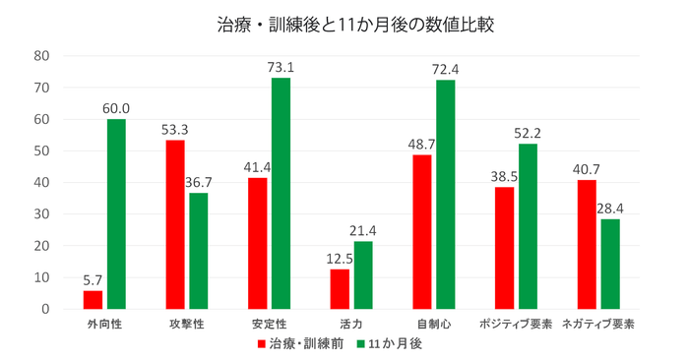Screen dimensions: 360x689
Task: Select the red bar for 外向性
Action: tap(93, 300)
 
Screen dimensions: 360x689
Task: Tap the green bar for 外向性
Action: tap(116, 214)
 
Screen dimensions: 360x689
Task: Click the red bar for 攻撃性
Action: tap(175, 225)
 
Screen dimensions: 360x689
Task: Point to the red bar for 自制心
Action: tap(421, 232)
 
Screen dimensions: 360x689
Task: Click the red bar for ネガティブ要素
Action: tap(587, 245)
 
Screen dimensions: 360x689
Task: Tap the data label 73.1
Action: tap(282, 68)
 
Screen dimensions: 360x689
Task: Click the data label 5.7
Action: tap(93, 280)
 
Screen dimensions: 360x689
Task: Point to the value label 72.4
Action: tap(446, 70)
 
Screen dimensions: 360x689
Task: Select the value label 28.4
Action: tap(610, 209)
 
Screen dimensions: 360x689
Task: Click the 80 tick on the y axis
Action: tap(42, 56)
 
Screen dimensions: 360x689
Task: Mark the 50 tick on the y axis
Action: tap(42, 151)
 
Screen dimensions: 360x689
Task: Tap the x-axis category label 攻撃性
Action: tap(187, 323)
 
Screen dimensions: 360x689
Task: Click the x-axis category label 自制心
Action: tap(433, 323)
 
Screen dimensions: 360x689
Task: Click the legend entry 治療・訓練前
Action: tap(300, 344)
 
